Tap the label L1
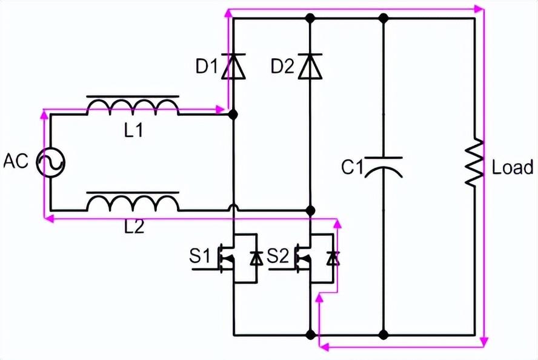click(134, 130)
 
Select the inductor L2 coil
click(133, 202)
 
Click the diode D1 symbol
click(233, 66)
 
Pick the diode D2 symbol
click(310, 66)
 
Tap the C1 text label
click(351, 167)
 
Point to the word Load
click(512, 167)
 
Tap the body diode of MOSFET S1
click(256, 258)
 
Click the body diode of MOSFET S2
click(333, 258)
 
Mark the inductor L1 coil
click(133, 107)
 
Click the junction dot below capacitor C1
click(384, 334)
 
